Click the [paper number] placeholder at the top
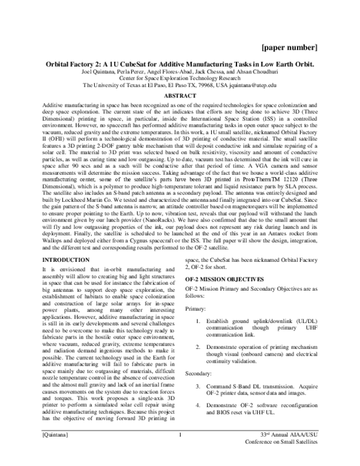click(x=292, y=47)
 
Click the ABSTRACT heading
click(x=179, y=96)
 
